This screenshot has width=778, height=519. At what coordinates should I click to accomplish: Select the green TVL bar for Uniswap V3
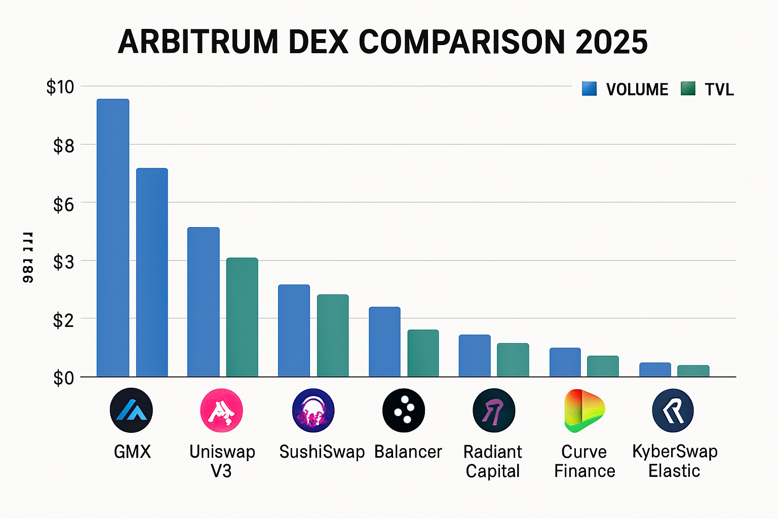coord(242,317)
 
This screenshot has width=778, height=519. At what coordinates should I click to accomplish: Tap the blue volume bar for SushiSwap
coord(294,330)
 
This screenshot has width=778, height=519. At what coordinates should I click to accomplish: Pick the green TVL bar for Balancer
coord(423,353)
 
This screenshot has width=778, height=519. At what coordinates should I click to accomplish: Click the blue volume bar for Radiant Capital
coord(475,355)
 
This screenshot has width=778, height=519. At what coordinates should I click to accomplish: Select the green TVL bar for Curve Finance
coord(603,366)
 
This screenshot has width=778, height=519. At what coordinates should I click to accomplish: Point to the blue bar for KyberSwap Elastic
coord(655,369)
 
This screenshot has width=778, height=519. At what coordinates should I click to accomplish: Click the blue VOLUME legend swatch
coord(589,89)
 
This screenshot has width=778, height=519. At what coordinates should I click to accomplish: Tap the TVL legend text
coord(719,90)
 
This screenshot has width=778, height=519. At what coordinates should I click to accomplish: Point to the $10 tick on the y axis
coord(60,87)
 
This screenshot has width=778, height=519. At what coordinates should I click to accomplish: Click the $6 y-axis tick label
coord(64,205)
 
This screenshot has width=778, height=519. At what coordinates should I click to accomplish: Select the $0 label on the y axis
coord(64,378)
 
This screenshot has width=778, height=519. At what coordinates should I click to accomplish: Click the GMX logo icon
coord(131,410)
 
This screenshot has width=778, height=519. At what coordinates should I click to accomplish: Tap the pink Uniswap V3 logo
coord(221,410)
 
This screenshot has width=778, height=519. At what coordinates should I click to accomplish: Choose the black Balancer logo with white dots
coord(404,410)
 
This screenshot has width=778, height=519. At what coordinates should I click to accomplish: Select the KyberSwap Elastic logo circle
coord(673,410)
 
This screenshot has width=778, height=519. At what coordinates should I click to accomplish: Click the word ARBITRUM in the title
coord(198,42)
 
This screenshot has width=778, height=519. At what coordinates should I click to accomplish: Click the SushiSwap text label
coord(322,452)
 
